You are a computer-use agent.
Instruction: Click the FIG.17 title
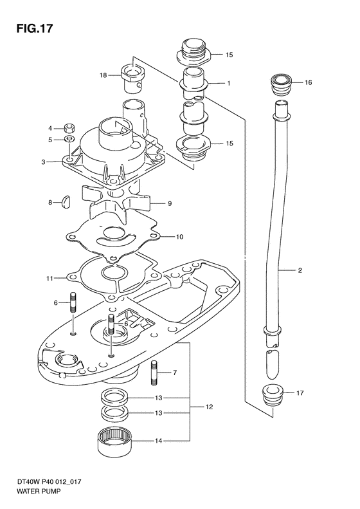34,28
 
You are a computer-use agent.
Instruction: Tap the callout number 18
103,75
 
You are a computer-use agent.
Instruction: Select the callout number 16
308,82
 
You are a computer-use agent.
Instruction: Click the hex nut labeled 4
69,128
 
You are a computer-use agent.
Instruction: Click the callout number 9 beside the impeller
170,203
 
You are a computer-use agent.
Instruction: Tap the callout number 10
179,237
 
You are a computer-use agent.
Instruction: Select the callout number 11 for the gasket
50,278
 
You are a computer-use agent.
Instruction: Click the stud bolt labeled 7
154,373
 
